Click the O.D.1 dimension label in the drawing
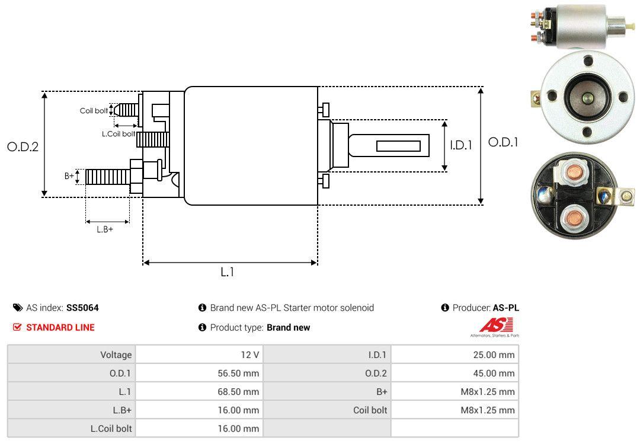[x=503, y=142]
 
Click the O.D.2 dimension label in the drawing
[x=23, y=147]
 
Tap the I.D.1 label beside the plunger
[x=461, y=145]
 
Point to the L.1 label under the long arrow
[x=228, y=272]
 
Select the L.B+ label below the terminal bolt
[x=105, y=229]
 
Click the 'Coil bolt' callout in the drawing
[x=94, y=111]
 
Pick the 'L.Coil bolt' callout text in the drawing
[x=119, y=134]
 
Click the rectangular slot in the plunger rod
[x=398, y=146]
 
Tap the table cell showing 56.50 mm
[x=238, y=373]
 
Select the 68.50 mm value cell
[x=238, y=392]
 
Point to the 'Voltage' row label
[x=116, y=355]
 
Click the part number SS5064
[x=82, y=308]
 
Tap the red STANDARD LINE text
[x=60, y=327]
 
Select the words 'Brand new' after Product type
[x=288, y=327]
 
